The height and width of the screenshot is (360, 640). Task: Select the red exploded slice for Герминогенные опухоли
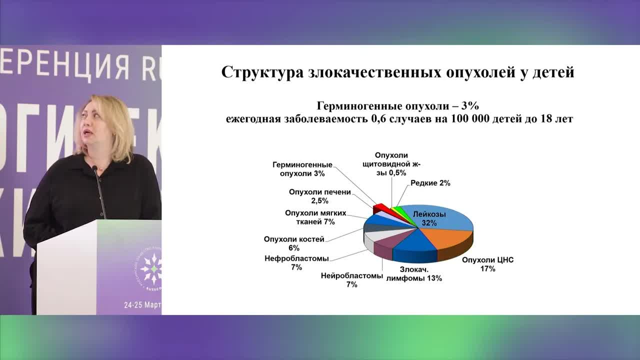pyautogui.click(x=379, y=207)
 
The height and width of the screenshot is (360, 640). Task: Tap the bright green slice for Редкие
pyautogui.click(x=397, y=208)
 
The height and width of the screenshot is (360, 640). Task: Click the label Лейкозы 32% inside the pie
pyautogui.click(x=429, y=219)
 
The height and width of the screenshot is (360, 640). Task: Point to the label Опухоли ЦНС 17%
pyautogui.click(x=487, y=264)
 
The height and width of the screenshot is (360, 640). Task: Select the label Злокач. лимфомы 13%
pyautogui.click(x=414, y=274)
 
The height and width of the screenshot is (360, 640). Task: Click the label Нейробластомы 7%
pyautogui.click(x=352, y=280)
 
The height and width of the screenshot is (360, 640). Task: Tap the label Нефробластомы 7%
pyautogui.click(x=296, y=263)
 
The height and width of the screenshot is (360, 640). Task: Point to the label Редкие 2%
pyautogui.click(x=430, y=183)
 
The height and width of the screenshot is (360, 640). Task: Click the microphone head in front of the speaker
pyautogui.click(x=94, y=169)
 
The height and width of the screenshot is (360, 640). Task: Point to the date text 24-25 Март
pyautogui.click(x=142, y=305)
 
